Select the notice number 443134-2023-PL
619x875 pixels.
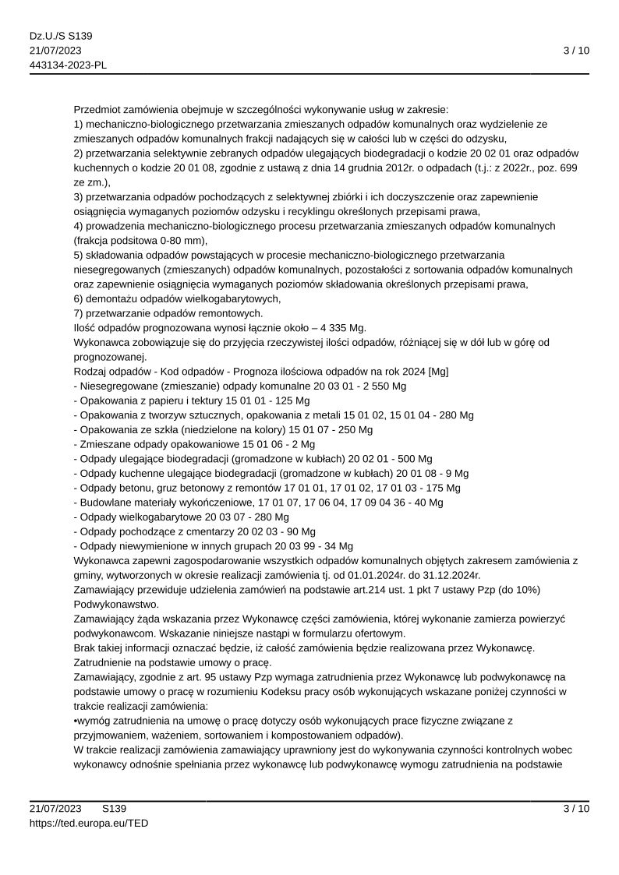coord(69,65)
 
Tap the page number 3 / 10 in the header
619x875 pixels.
coord(576,51)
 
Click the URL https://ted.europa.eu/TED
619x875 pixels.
coord(89,822)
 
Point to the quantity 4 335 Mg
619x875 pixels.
coord(327,327)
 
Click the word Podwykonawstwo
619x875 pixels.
coord(116,604)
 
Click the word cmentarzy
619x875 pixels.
coord(214,531)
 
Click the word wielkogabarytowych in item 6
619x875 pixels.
coord(207,298)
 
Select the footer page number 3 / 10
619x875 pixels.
coord(576,808)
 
